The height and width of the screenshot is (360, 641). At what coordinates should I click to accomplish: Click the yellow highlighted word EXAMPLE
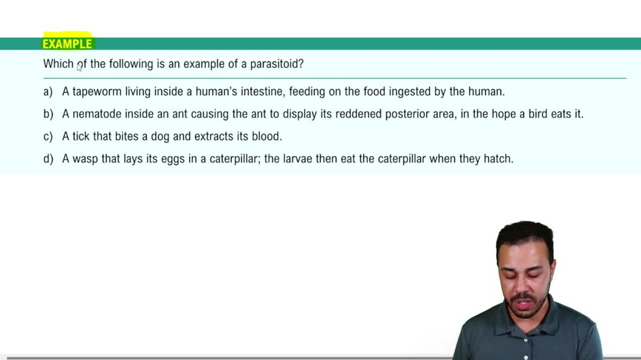tap(67, 44)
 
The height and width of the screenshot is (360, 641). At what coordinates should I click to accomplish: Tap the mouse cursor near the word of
tap(79, 68)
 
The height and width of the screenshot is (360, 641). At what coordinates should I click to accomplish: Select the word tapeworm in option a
tap(97, 92)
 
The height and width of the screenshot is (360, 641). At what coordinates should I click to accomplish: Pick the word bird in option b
tap(538, 114)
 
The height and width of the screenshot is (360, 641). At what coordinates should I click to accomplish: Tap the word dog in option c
tap(160, 136)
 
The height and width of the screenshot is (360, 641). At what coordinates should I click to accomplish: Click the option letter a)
tap(48, 92)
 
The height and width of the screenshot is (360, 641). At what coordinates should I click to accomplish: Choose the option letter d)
tap(48, 159)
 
